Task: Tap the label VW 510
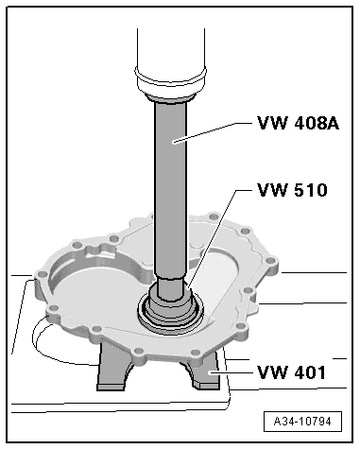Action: coord(291,191)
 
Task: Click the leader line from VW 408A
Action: coord(217,130)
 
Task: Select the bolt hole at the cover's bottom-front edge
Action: coord(137,353)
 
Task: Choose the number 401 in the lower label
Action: coord(306,371)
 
